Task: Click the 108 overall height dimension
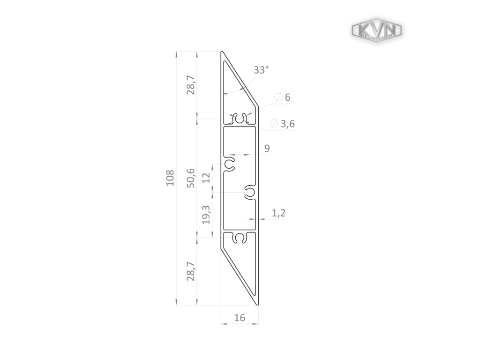[x=170, y=178]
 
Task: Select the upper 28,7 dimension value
[x=190, y=85]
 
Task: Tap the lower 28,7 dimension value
[x=190, y=271]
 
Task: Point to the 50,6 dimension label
[x=190, y=178]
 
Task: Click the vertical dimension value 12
[x=206, y=178]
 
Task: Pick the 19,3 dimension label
[x=206, y=215]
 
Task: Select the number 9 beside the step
[x=267, y=149]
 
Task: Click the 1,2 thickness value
[x=278, y=213]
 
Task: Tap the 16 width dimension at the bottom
[x=239, y=318]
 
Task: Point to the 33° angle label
[x=261, y=70]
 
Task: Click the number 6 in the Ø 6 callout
[x=287, y=97]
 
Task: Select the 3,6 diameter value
[x=288, y=124]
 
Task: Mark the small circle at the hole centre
[x=239, y=121]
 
